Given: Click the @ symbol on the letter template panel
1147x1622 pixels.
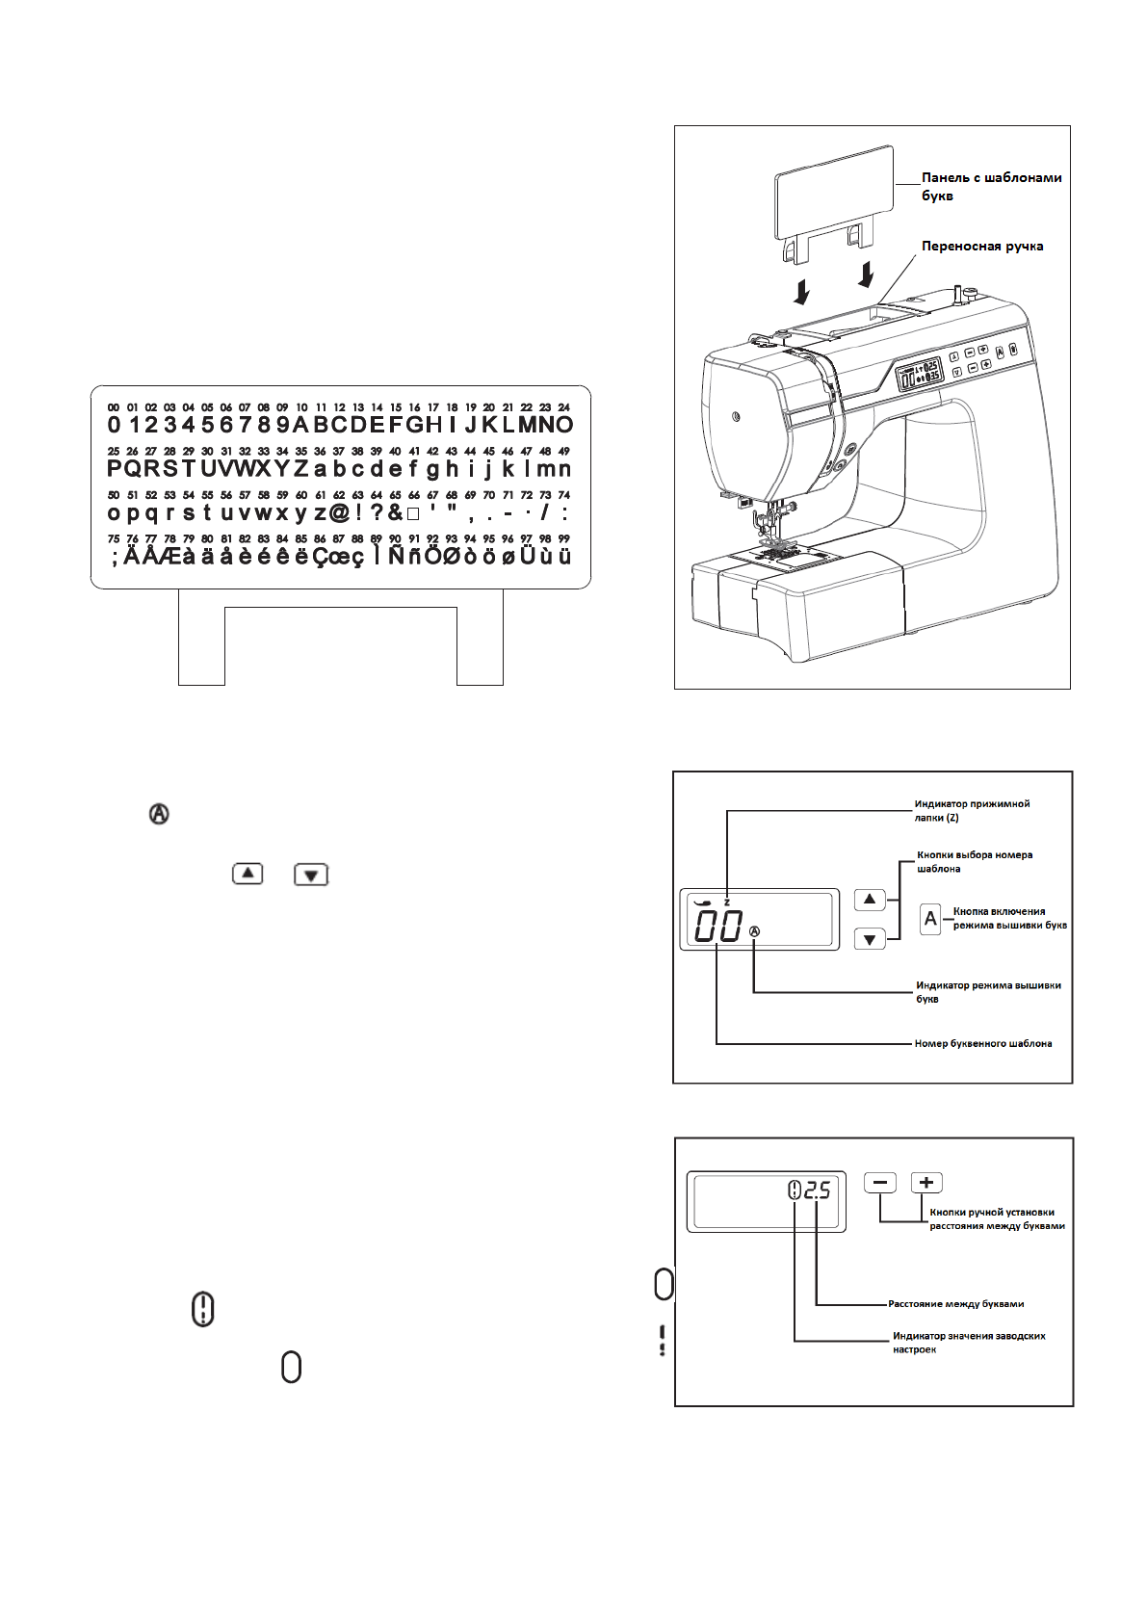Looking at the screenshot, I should (x=339, y=513).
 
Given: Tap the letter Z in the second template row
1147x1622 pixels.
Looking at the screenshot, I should (x=301, y=469).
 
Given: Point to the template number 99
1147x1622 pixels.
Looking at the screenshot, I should (x=563, y=539).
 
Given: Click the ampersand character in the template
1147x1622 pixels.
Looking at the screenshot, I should (x=395, y=513).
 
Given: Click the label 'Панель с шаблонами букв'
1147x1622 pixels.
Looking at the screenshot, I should (x=991, y=186).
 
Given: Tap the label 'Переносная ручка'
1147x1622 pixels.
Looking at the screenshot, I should (x=982, y=246).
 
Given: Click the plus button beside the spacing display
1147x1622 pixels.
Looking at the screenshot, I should (x=926, y=1183).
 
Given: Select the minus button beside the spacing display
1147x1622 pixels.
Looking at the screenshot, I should (x=880, y=1183).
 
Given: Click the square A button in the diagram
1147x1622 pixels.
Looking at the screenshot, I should (x=930, y=919).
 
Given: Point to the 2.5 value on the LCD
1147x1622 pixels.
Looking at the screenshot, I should (x=817, y=1191).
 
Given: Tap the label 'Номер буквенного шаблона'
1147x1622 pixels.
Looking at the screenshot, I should (x=982, y=1043).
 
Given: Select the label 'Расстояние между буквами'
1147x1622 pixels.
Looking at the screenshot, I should (x=955, y=1304).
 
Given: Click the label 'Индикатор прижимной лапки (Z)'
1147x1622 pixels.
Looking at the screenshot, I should (x=972, y=810).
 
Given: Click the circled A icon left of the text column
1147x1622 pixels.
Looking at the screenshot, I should (x=159, y=815).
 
